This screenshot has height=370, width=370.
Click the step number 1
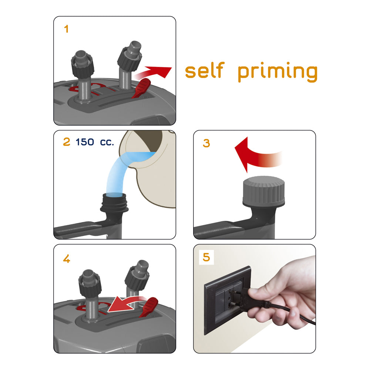[x=66, y=29]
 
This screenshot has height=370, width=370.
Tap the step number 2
[x=67, y=142]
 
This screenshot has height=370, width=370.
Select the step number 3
[x=206, y=143]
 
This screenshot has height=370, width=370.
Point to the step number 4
[x=67, y=259]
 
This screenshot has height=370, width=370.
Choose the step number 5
[x=206, y=257]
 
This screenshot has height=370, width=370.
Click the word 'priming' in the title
[x=277, y=72]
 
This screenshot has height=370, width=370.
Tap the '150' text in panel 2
[x=85, y=142]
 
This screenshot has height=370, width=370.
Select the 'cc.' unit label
[x=107, y=142]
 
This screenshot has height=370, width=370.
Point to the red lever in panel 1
[x=141, y=88]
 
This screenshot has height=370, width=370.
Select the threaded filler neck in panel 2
[x=114, y=203]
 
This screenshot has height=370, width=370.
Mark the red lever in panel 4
[x=149, y=307]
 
